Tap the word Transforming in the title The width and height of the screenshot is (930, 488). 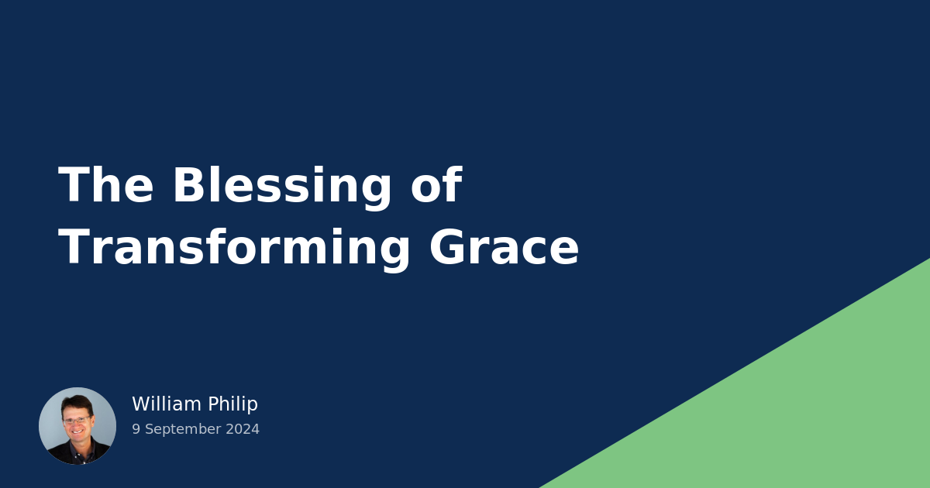(x=234, y=249)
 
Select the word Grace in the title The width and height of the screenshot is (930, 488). (x=504, y=249)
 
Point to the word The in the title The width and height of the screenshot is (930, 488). (x=106, y=186)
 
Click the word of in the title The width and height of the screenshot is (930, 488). (x=436, y=186)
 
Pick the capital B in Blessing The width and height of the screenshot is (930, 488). (x=188, y=186)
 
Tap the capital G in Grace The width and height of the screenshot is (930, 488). (x=449, y=249)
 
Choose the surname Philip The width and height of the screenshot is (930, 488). (x=232, y=405)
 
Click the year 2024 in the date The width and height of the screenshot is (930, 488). (x=243, y=429)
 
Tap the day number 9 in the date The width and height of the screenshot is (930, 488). (x=136, y=429)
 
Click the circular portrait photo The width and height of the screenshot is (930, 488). (x=77, y=426)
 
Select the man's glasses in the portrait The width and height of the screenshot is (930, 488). (x=76, y=421)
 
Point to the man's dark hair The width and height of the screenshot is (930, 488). (x=77, y=403)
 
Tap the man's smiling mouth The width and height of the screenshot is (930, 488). (x=77, y=431)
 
